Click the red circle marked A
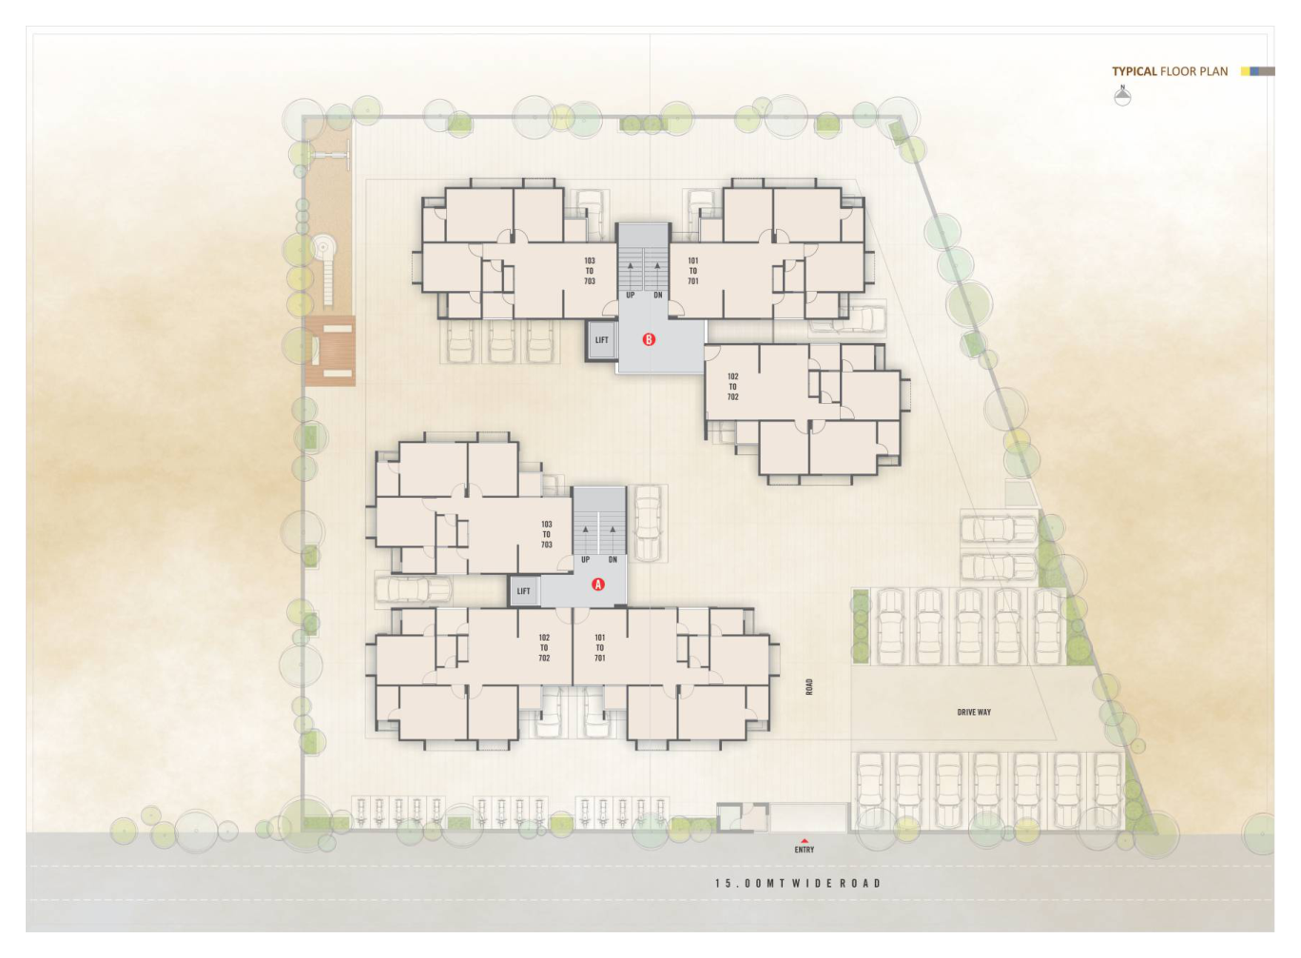(597, 584)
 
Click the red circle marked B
(649, 339)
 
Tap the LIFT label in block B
(602, 340)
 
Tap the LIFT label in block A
(523, 591)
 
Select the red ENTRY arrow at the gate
(805, 840)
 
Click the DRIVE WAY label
(974, 712)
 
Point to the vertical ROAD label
(809, 687)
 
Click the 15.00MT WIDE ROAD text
(798, 883)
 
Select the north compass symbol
(1123, 95)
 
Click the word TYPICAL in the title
(1135, 71)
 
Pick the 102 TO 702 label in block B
(732, 387)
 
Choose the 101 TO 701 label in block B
(693, 271)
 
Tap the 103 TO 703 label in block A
(547, 534)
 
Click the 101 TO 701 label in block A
(599, 647)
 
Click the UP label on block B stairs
(631, 295)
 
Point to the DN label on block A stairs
(612, 560)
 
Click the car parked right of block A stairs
(648, 523)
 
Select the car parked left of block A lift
(413, 589)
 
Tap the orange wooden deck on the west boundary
(330, 351)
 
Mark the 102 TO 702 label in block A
(544, 647)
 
